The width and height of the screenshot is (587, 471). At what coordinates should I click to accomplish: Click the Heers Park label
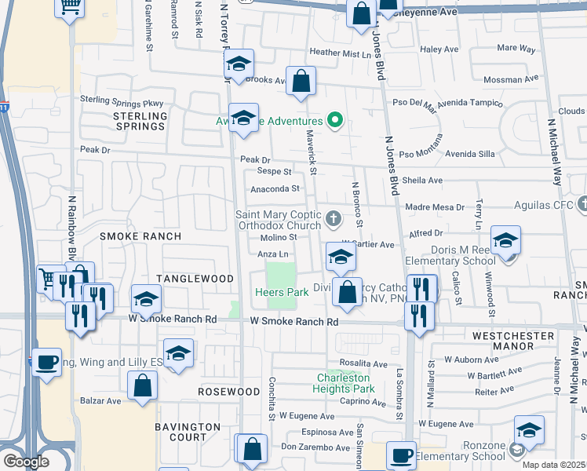(281, 292)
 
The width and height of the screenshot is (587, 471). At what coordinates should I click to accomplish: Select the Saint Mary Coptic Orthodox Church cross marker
(334, 218)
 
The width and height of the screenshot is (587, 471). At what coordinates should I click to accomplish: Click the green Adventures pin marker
(336, 121)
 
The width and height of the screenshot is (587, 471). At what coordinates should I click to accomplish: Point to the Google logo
(26, 462)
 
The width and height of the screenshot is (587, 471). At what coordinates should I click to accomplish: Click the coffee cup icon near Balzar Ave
(46, 362)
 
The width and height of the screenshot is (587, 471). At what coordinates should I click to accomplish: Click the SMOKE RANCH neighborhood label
(140, 235)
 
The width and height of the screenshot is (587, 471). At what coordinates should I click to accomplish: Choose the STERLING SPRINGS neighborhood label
(141, 121)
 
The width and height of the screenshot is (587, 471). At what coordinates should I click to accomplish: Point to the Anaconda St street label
(275, 189)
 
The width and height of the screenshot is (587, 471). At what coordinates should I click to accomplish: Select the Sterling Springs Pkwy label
(121, 101)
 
